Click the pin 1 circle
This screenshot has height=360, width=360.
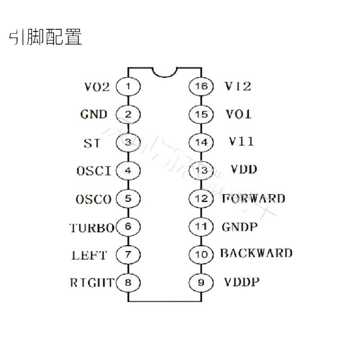(x=128, y=86)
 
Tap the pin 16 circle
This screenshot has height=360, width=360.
(x=201, y=86)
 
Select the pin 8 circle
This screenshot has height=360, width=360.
(x=128, y=283)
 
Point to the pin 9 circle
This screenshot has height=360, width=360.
(x=201, y=283)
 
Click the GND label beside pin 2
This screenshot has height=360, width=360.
(x=94, y=114)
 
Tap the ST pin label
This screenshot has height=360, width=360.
(x=92, y=143)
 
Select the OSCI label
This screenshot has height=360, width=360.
(x=94, y=171)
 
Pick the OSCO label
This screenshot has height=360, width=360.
(x=94, y=199)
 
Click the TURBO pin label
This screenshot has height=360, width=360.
(x=92, y=228)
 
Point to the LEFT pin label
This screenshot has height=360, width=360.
(x=89, y=255)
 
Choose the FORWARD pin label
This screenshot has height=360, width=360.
(x=253, y=198)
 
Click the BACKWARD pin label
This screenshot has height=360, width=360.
(x=256, y=253)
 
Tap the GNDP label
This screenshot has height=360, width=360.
(x=240, y=227)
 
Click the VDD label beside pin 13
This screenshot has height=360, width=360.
(x=244, y=170)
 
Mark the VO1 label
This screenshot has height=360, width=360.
(x=238, y=114)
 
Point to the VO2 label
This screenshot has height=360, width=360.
(x=97, y=86)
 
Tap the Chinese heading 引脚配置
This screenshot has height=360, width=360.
(x=45, y=38)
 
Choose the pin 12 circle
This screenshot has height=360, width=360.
(x=201, y=198)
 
